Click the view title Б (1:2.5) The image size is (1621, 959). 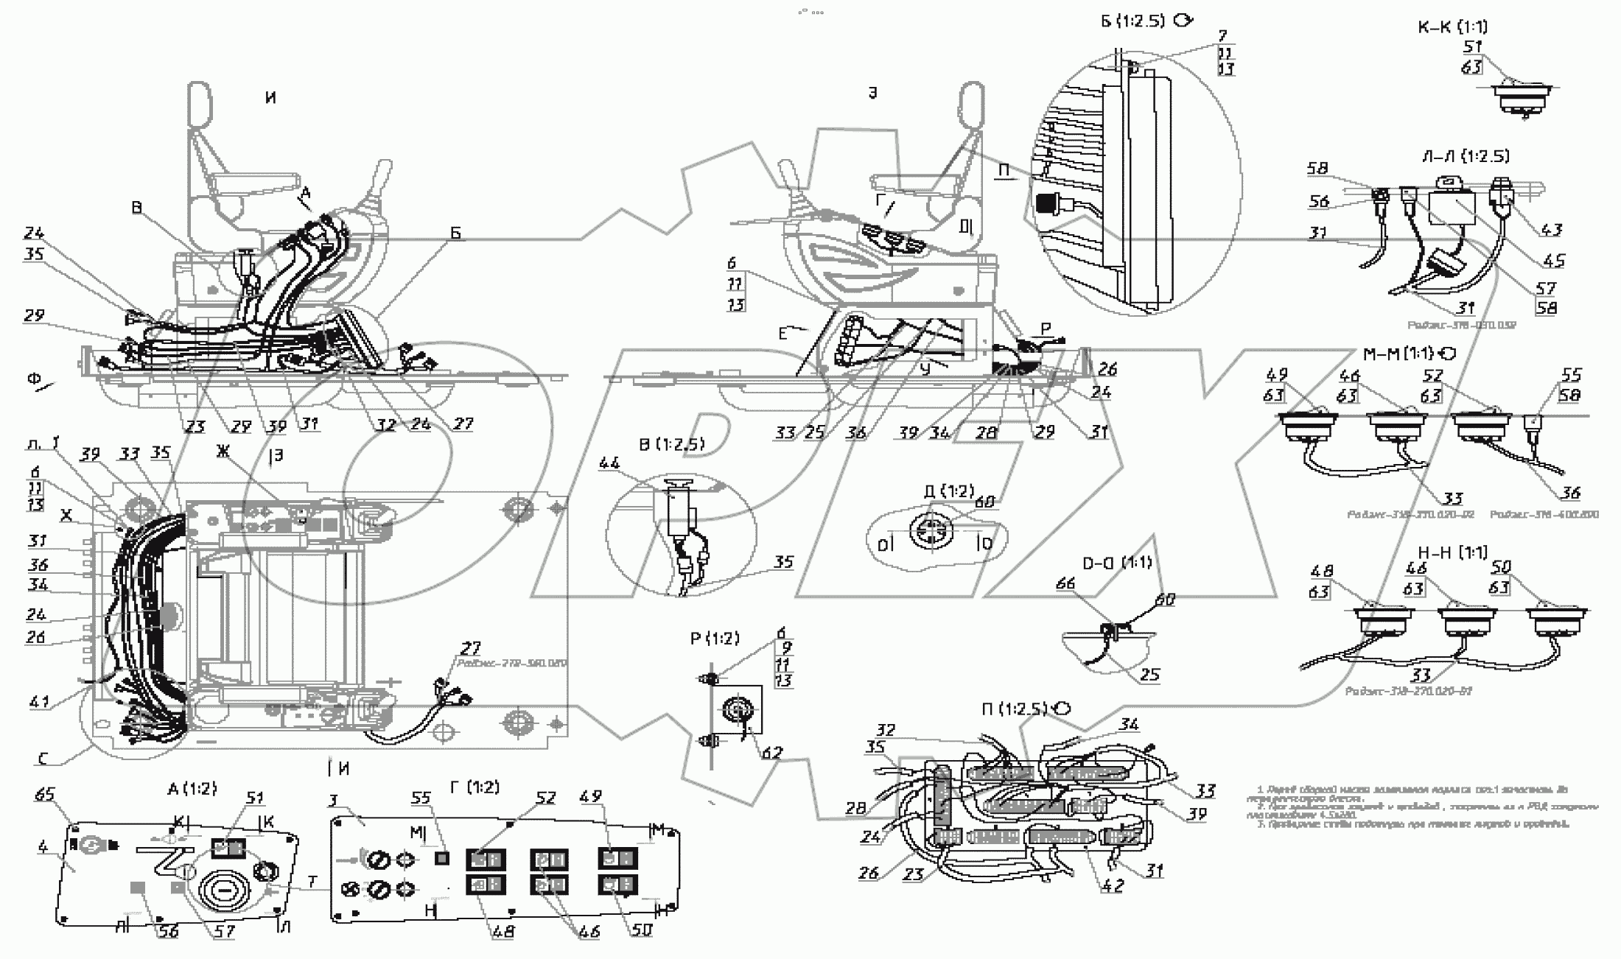coord(1133,21)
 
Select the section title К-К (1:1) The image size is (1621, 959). coord(1452,27)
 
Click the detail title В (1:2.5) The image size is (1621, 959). coord(671,445)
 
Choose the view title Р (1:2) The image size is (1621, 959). coord(714,639)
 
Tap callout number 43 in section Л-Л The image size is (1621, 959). coord(1551,230)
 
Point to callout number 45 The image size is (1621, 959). coord(1554,261)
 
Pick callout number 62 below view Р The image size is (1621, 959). coord(771,753)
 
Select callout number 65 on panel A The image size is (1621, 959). coord(45,795)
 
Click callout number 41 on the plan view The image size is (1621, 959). coord(39,702)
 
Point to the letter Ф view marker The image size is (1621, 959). coord(34,379)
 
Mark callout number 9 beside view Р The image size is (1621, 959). coord(786,649)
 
